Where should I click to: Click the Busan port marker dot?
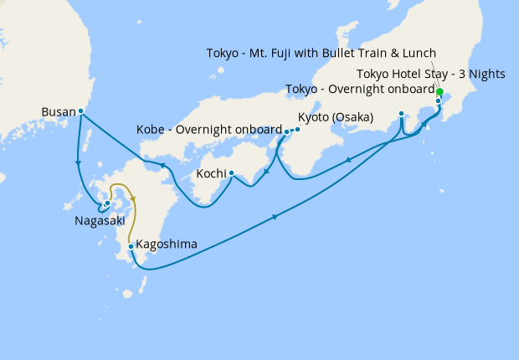(80, 111)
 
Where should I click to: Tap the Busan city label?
(58, 111)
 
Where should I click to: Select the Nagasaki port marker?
(107, 203)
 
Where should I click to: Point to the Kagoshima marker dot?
(131, 246)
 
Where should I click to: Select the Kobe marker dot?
(286, 131)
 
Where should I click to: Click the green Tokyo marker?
(439, 93)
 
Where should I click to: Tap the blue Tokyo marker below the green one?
(438, 101)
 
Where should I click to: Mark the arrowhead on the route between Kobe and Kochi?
(265, 172)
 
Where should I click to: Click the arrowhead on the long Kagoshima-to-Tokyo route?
(275, 219)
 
